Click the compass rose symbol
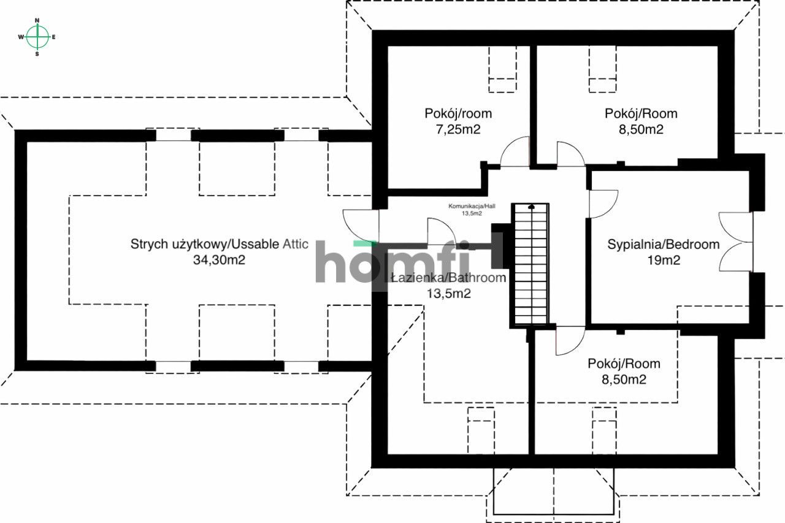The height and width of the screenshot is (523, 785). [37, 37]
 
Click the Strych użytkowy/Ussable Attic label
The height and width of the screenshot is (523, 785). [220, 244]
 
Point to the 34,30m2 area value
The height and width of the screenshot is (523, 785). [220, 260]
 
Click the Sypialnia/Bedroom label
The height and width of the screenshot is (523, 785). [663, 244]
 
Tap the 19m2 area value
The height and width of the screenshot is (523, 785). [663, 260]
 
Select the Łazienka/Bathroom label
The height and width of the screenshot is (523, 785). [448, 278]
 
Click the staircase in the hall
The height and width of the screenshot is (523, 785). [530, 264]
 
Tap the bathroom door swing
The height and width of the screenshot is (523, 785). [441, 232]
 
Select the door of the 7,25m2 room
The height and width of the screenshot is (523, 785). [514, 152]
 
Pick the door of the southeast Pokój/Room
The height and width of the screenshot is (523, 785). [570, 340]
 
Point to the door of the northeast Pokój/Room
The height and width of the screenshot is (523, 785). [570, 154]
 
